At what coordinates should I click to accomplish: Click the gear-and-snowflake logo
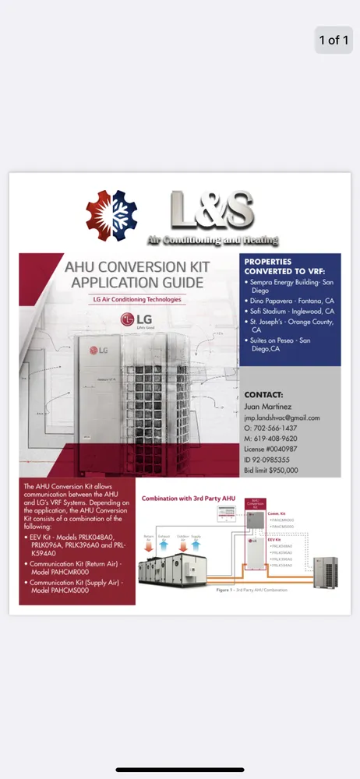[x=110, y=211]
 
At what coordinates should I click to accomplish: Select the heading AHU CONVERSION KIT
[x=136, y=266]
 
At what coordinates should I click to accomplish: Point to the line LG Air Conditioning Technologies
[x=136, y=299]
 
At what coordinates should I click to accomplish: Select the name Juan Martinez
[x=267, y=407]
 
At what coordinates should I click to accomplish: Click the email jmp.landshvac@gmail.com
[x=282, y=418]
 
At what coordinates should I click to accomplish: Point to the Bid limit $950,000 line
[x=271, y=471]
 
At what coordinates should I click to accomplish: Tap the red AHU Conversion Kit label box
[x=256, y=504]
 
